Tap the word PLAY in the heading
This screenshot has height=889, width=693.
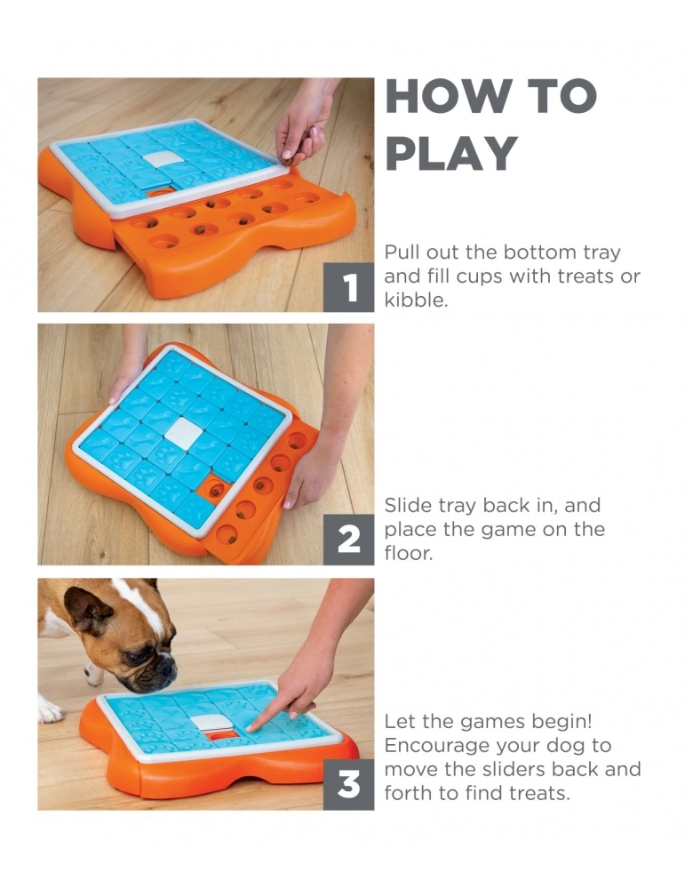point(451,153)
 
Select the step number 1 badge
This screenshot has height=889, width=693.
point(348,287)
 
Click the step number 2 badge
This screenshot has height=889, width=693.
point(348,540)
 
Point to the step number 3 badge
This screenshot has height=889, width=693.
point(348,785)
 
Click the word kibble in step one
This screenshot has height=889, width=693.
point(416,300)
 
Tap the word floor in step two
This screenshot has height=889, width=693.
point(408,553)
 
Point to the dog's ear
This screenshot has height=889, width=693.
point(86,611)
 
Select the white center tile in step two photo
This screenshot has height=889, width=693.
point(184,435)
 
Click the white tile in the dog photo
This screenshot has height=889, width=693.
point(211,722)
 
